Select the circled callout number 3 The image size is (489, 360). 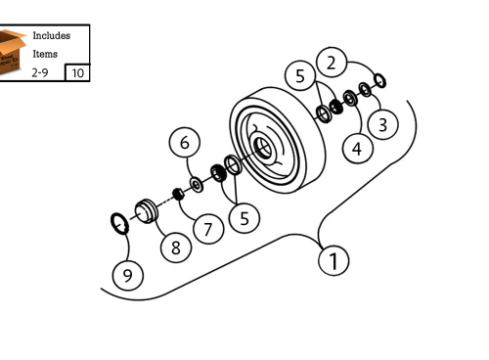coord(383,125)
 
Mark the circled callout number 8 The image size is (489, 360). coord(176,247)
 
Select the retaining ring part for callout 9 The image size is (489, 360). coord(117,224)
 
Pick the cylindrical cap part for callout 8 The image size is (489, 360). coord(148,210)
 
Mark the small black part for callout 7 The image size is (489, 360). coord(179,192)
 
